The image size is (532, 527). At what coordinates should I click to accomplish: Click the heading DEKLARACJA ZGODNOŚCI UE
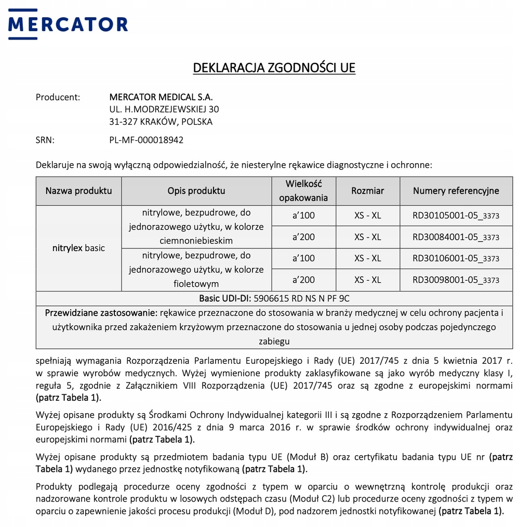[x=274, y=68]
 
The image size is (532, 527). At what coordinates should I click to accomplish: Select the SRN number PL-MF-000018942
[x=146, y=140]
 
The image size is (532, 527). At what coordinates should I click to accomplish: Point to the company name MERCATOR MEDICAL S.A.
[x=161, y=97]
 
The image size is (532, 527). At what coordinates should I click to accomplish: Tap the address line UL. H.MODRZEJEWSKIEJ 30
[x=164, y=109]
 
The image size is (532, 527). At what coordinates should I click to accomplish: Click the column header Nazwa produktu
[x=78, y=191]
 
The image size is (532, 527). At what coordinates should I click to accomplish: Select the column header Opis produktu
[x=196, y=191]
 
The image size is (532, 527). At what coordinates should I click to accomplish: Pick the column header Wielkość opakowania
[x=303, y=191]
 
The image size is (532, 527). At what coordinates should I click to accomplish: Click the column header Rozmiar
[x=367, y=191]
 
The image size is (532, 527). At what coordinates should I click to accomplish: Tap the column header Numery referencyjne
[x=456, y=191]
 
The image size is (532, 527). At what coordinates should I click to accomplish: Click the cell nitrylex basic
[x=78, y=248]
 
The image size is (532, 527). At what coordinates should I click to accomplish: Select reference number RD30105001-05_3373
[x=456, y=216]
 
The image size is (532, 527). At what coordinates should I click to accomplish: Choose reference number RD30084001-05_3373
[x=456, y=237]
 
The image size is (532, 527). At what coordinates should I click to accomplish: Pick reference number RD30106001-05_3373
[x=456, y=258]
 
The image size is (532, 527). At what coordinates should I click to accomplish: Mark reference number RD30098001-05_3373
[x=456, y=280]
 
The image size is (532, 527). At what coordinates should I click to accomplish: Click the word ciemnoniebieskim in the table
[x=196, y=241]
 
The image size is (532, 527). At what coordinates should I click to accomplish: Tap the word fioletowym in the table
[x=196, y=284]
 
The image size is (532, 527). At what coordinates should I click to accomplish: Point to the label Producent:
[x=58, y=97]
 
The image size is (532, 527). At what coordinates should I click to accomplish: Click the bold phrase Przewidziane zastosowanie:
[x=101, y=313]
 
